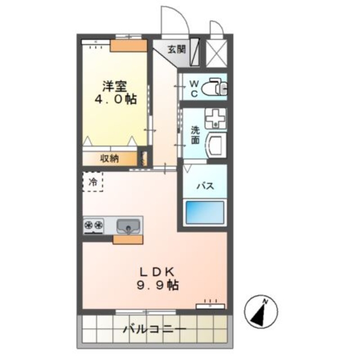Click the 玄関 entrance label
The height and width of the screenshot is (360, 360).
[x=176, y=49]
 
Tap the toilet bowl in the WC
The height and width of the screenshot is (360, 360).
[x=211, y=88]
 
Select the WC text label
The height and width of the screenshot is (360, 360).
[x=194, y=88]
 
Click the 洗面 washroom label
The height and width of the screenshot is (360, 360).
[x=195, y=135]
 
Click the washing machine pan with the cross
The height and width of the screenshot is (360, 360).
[x=216, y=118]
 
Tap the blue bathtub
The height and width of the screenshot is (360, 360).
[x=205, y=212]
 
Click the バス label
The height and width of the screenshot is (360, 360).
[x=205, y=185]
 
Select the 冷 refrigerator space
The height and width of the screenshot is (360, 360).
[x=93, y=182]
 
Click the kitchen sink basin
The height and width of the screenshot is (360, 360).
[x=128, y=226]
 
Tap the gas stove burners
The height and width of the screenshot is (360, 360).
[x=94, y=225]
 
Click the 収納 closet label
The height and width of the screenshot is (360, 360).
[x=109, y=158]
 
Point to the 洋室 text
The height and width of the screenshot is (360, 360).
[x=115, y=86]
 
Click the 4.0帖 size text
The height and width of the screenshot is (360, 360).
[x=116, y=99]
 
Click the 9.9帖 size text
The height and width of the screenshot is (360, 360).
[x=158, y=285]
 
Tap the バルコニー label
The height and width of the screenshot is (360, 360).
[x=155, y=329]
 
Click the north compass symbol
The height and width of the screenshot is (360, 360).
[x=261, y=311]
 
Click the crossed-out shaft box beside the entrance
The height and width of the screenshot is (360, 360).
[x=216, y=54]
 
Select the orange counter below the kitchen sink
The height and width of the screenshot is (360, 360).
[x=128, y=239]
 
